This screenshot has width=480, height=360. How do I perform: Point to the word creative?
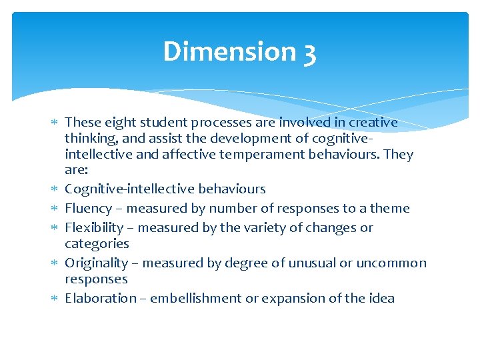point(373,123)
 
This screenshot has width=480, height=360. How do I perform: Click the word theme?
point(390,209)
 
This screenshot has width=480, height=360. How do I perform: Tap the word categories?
point(97,244)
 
